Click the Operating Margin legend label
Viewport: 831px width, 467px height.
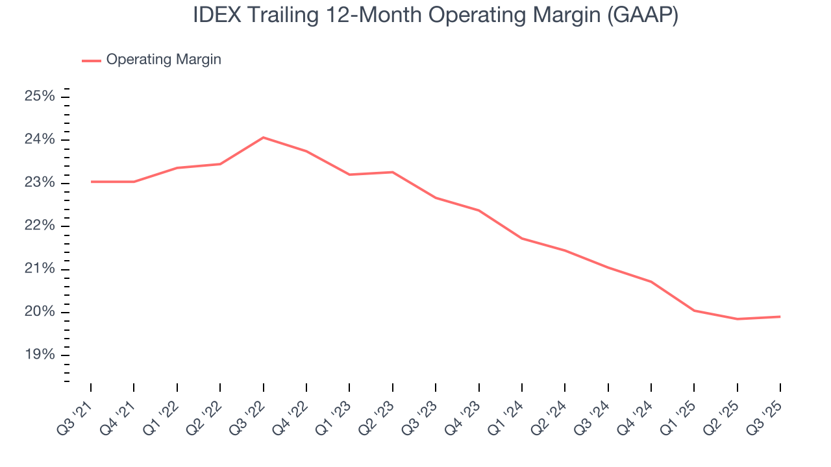pos(164,60)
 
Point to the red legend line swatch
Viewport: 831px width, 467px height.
pos(91,60)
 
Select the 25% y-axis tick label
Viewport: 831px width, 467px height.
pos(40,97)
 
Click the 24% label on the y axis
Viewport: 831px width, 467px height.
pos(40,139)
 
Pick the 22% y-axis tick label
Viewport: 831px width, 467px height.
pos(40,226)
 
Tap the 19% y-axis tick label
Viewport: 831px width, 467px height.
pos(40,355)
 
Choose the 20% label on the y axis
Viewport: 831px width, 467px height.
pos(40,312)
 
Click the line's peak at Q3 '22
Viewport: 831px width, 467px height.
pos(263,138)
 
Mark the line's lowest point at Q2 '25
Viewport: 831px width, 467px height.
pos(737,319)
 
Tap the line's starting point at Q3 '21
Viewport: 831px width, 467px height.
pos(91,182)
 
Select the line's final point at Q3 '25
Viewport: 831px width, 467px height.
pos(780,317)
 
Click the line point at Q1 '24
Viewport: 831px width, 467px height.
pos(521,238)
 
